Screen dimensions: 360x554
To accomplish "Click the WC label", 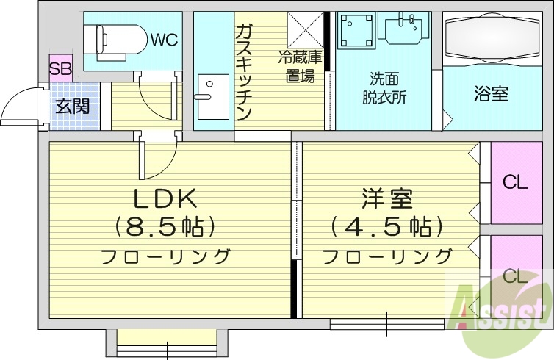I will click(165, 40).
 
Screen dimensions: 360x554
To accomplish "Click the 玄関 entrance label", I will click(73, 106).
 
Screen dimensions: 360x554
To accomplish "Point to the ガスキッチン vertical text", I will click(245, 72).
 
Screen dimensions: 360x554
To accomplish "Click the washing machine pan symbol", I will click(356, 32).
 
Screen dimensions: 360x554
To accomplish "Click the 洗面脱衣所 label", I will click(384, 88).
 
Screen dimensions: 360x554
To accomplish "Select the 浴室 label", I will click(491, 94).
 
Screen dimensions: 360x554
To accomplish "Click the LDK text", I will click(165, 198).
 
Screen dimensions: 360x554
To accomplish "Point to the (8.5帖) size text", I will click(165, 227).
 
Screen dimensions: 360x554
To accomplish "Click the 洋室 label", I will click(386, 198).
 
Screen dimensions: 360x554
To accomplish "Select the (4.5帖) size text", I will click(386, 226).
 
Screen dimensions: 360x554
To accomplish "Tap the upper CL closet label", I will click(515, 182).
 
